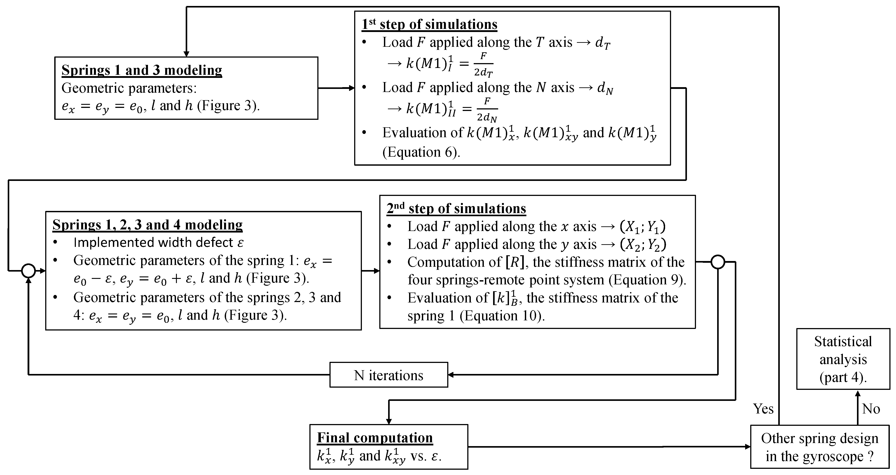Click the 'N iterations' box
tap(389, 375)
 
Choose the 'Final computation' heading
tap(375, 437)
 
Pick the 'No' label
tap(871, 409)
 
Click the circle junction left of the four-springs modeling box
tap(28, 271)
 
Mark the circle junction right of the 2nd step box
tap(718, 262)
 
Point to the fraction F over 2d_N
tap(487, 109)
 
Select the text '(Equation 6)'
tap(421, 152)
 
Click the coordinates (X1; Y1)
tap(643, 227)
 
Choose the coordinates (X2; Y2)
tap(643, 244)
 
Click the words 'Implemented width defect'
tap(153, 242)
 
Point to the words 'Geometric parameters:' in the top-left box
tap(129, 88)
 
